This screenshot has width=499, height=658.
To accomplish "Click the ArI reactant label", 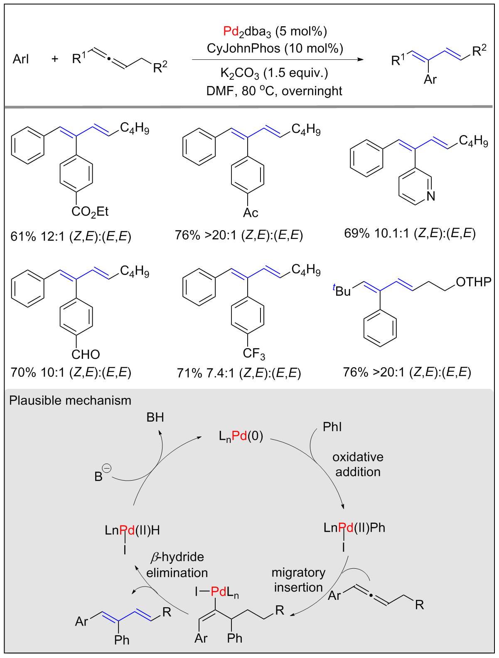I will tap(21, 59).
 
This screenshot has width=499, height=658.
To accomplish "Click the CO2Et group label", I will tap(90, 212).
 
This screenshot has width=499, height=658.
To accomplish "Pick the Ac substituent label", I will tap(251, 213).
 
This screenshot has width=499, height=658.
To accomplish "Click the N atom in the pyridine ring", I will tap(431, 196).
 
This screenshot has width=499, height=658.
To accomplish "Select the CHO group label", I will tap(86, 354).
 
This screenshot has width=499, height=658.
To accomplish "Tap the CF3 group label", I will tap(254, 354).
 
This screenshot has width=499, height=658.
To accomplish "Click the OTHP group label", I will tap(473, 282).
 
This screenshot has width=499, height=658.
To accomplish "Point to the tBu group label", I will tap(342, 290).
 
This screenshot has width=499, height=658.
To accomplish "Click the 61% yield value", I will tap(23, 236).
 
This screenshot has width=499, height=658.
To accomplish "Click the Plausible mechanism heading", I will tap(70, 400).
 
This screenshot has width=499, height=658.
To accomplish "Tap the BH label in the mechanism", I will tap(155, 417).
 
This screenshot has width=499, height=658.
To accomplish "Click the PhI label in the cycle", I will tap(332, 427).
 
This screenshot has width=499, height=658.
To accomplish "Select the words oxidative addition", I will tap(358, 464).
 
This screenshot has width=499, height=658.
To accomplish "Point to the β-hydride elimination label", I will tap(177, 565).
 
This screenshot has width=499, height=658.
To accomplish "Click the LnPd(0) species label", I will tap(241, 436).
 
